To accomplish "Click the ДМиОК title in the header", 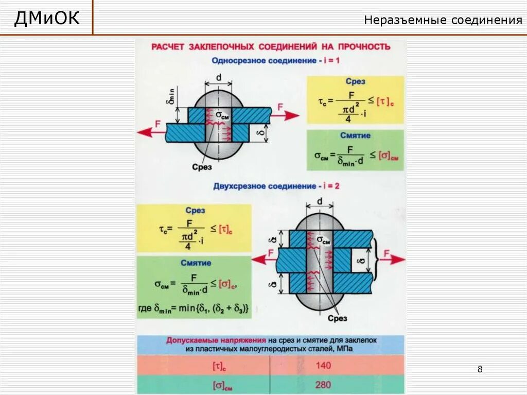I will [47, 19].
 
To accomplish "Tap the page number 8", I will [480, 369].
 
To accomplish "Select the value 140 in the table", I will [324, 365].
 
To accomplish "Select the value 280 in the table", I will [324, 384].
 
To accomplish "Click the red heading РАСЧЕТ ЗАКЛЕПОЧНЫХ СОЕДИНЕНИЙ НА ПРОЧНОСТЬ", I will [271, 47].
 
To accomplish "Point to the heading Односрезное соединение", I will [263, 60].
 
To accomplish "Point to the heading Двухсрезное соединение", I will [265, 186].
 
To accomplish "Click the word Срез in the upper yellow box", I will [356, 81].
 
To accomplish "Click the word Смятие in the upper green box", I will [355, 135].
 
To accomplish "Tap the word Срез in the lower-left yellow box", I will [195, 210].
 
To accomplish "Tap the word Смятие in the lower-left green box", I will [196, 263].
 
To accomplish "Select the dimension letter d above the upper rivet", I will [218, 77].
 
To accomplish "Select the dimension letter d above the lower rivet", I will [320, 202].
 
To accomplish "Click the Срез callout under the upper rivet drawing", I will [202, 167].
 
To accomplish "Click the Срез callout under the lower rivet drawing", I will [338, 318].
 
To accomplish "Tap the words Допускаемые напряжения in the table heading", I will [216, 340].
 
